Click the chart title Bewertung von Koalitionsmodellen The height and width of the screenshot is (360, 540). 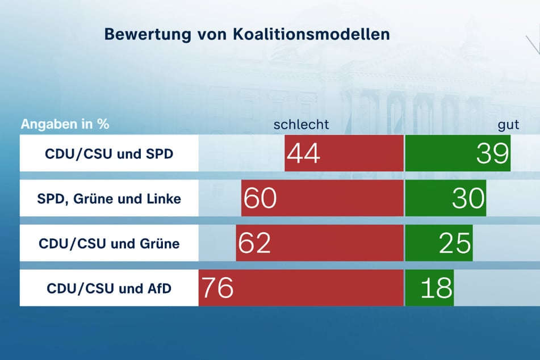click(246, 34)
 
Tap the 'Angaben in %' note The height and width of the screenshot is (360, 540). click(65, 124)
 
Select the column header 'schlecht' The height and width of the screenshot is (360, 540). click(301, 124)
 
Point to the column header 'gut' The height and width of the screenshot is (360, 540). click(509, 124)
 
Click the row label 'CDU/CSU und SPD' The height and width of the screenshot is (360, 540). click(109, 154)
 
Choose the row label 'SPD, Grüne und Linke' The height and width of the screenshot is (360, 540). click(109, 199)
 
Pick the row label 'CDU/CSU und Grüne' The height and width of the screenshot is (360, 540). click(109, 244)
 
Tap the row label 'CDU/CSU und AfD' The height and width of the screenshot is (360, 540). click(109, 288)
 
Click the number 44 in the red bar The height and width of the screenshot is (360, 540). click(303, 154)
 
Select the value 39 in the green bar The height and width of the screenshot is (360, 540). click(492, 154)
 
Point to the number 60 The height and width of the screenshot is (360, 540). click(260, 199)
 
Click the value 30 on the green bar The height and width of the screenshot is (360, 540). click(468, 199)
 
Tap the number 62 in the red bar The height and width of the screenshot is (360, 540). click(254, 244)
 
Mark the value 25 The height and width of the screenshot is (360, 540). click(455, 244)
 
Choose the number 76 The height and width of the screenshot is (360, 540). click(217, 288)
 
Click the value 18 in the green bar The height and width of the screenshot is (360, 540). click(436, 288)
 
